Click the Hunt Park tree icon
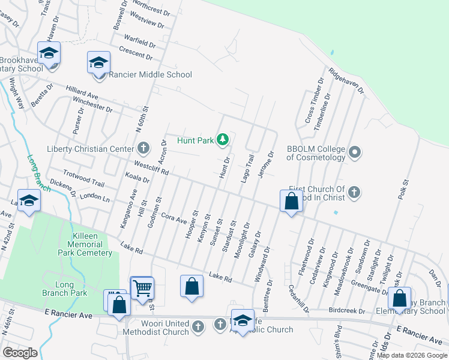tap(223, 140)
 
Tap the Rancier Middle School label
tap(151, 74)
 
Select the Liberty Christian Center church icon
tap(143, 147)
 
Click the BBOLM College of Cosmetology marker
tap(355, 152)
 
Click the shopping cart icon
tap(142, 289)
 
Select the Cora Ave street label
tap(174, 218)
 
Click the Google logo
tap(20, 353)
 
